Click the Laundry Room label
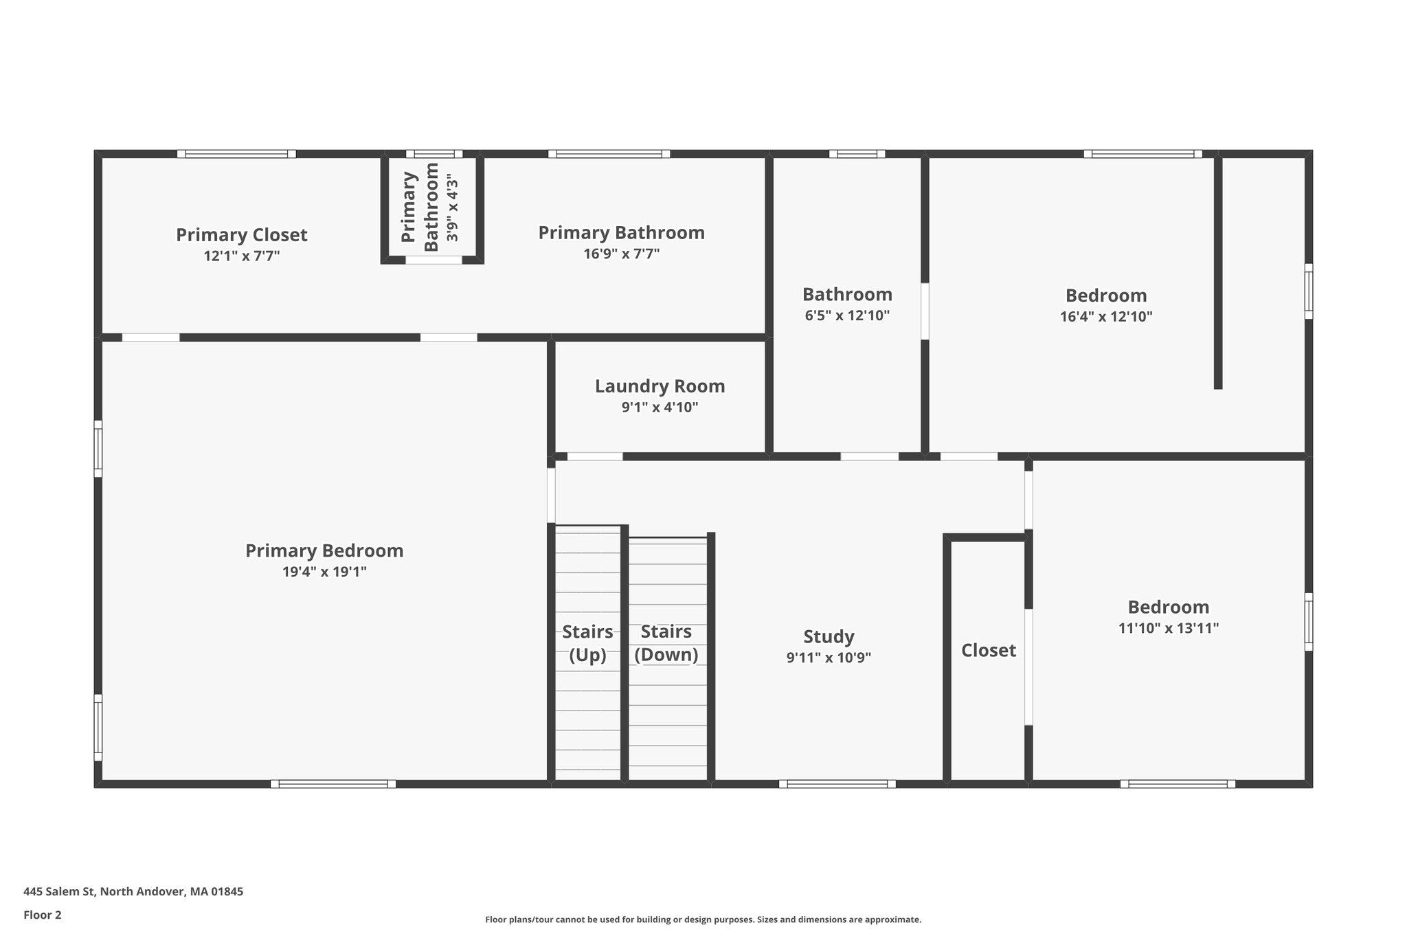click(x=660, y=386)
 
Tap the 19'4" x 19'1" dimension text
click(x=324, y=572)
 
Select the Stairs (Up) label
click(x=587, y=643)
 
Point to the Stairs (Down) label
click(x=666, y=643)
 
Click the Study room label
click(x=829, y=636)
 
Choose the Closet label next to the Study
click(x=988, y=650)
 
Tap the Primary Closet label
click(x=241, y=235)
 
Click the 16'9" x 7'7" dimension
click(x=621, y=254)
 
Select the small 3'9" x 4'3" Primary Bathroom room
click(x=432, y=207)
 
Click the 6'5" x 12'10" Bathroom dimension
click(x=847, y=315)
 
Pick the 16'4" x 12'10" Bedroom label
click(x=1105, y=295)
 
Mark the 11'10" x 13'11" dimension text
click(x=1168, y=627)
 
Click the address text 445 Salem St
click(x=133, y=892)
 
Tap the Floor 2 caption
click(x=43, y=915)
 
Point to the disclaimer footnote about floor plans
click(x=703, y=919)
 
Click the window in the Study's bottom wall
click(x=837, y=783)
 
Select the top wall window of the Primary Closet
click(x=236, y=154)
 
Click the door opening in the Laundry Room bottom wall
click(x=595, y=456)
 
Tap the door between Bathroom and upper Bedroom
click(x=925, y=311)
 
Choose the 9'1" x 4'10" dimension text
click(x=660, y=407)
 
